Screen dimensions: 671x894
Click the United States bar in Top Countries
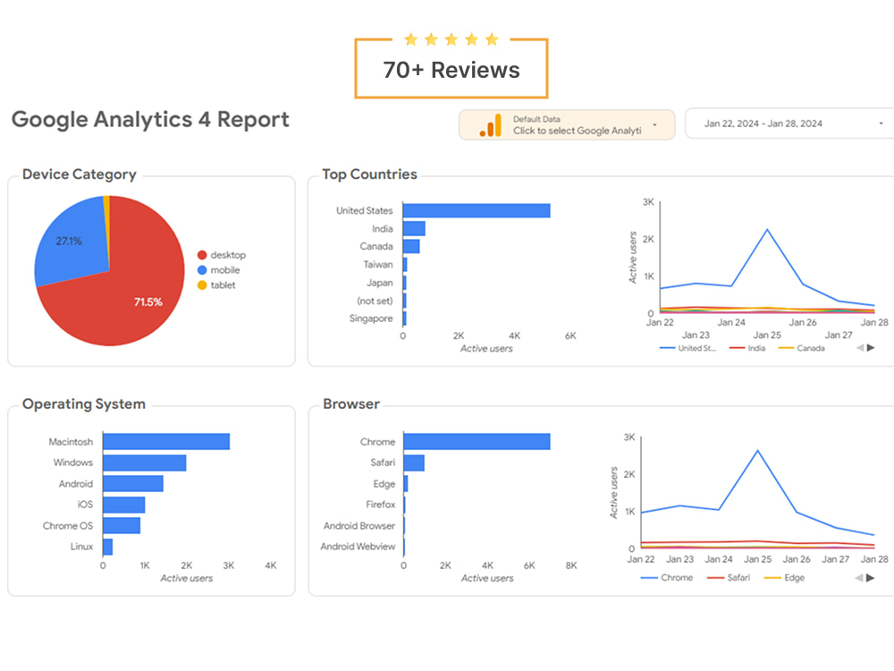click(x=476, y=211)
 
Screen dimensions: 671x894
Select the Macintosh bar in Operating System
click(x=166, y=442)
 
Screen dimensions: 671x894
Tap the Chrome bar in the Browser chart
click(x=477, y=442)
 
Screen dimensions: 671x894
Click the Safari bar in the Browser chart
click(x=414, y=463)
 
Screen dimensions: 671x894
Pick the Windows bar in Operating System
click(x=144, y=463)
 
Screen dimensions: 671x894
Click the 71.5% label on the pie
click(x=148, y=302)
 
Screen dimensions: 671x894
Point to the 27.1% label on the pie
click(x=69, y=242)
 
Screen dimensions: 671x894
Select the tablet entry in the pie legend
click(x=223, y=285)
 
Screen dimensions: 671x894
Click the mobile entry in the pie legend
click(x=224, y=270)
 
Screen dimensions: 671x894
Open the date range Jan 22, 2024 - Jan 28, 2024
click(x=763, y=124)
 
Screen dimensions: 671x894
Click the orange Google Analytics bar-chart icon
click(x=490, y=125)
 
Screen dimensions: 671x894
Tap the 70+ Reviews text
click(x=451, y=70)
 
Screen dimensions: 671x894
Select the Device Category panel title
click(x=79, y=175)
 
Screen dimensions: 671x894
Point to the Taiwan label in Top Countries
click(x=378, y=265)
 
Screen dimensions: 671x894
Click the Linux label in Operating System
click(x=81, y=547)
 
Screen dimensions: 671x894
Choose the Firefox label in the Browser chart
click(x=380, y=505)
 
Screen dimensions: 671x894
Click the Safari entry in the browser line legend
click(x=738, y=578)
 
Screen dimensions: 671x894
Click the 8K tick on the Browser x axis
click(x=571, y=565)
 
